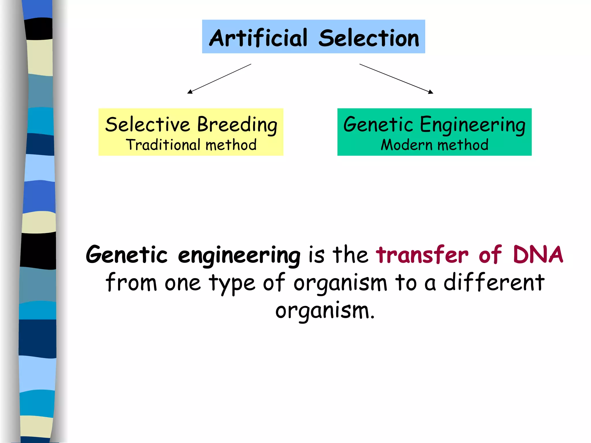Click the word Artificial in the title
(x=258, y=38)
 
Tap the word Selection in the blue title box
(x=369, y=38)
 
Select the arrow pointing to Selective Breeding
(x=219, y=79)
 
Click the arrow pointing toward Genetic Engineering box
(x=396, y=79)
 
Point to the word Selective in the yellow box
(x=147, y=125)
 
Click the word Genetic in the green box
(x=378, y=125)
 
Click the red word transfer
(x=422, y=254)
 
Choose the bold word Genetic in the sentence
(x=126, y=254)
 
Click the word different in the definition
(x=494, y=283)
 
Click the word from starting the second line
(x=131, y=283)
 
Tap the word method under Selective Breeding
(x=231, y=145)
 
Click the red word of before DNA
(x=490, y=254)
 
